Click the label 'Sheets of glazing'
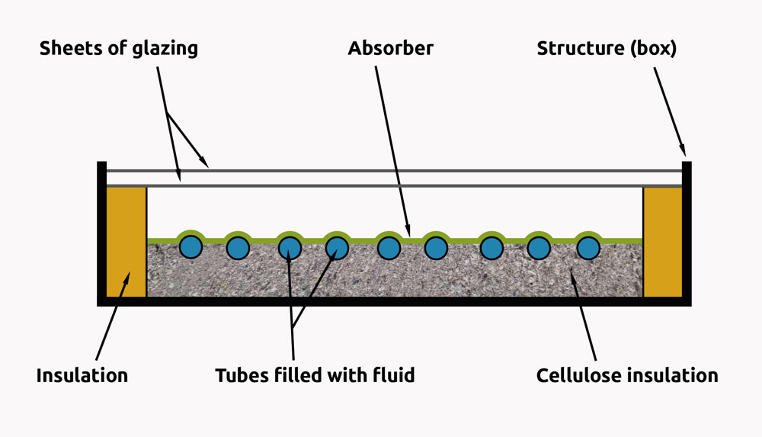118,49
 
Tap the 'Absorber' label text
390,49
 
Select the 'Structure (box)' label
607,49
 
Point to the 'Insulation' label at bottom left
82,375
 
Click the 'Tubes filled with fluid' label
315,375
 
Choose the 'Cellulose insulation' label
626,375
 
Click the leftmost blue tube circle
190,247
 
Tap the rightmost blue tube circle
588,247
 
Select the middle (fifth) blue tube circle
389,247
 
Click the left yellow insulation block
126,242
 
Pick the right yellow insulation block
663,242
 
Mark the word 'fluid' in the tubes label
393,375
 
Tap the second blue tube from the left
239,247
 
